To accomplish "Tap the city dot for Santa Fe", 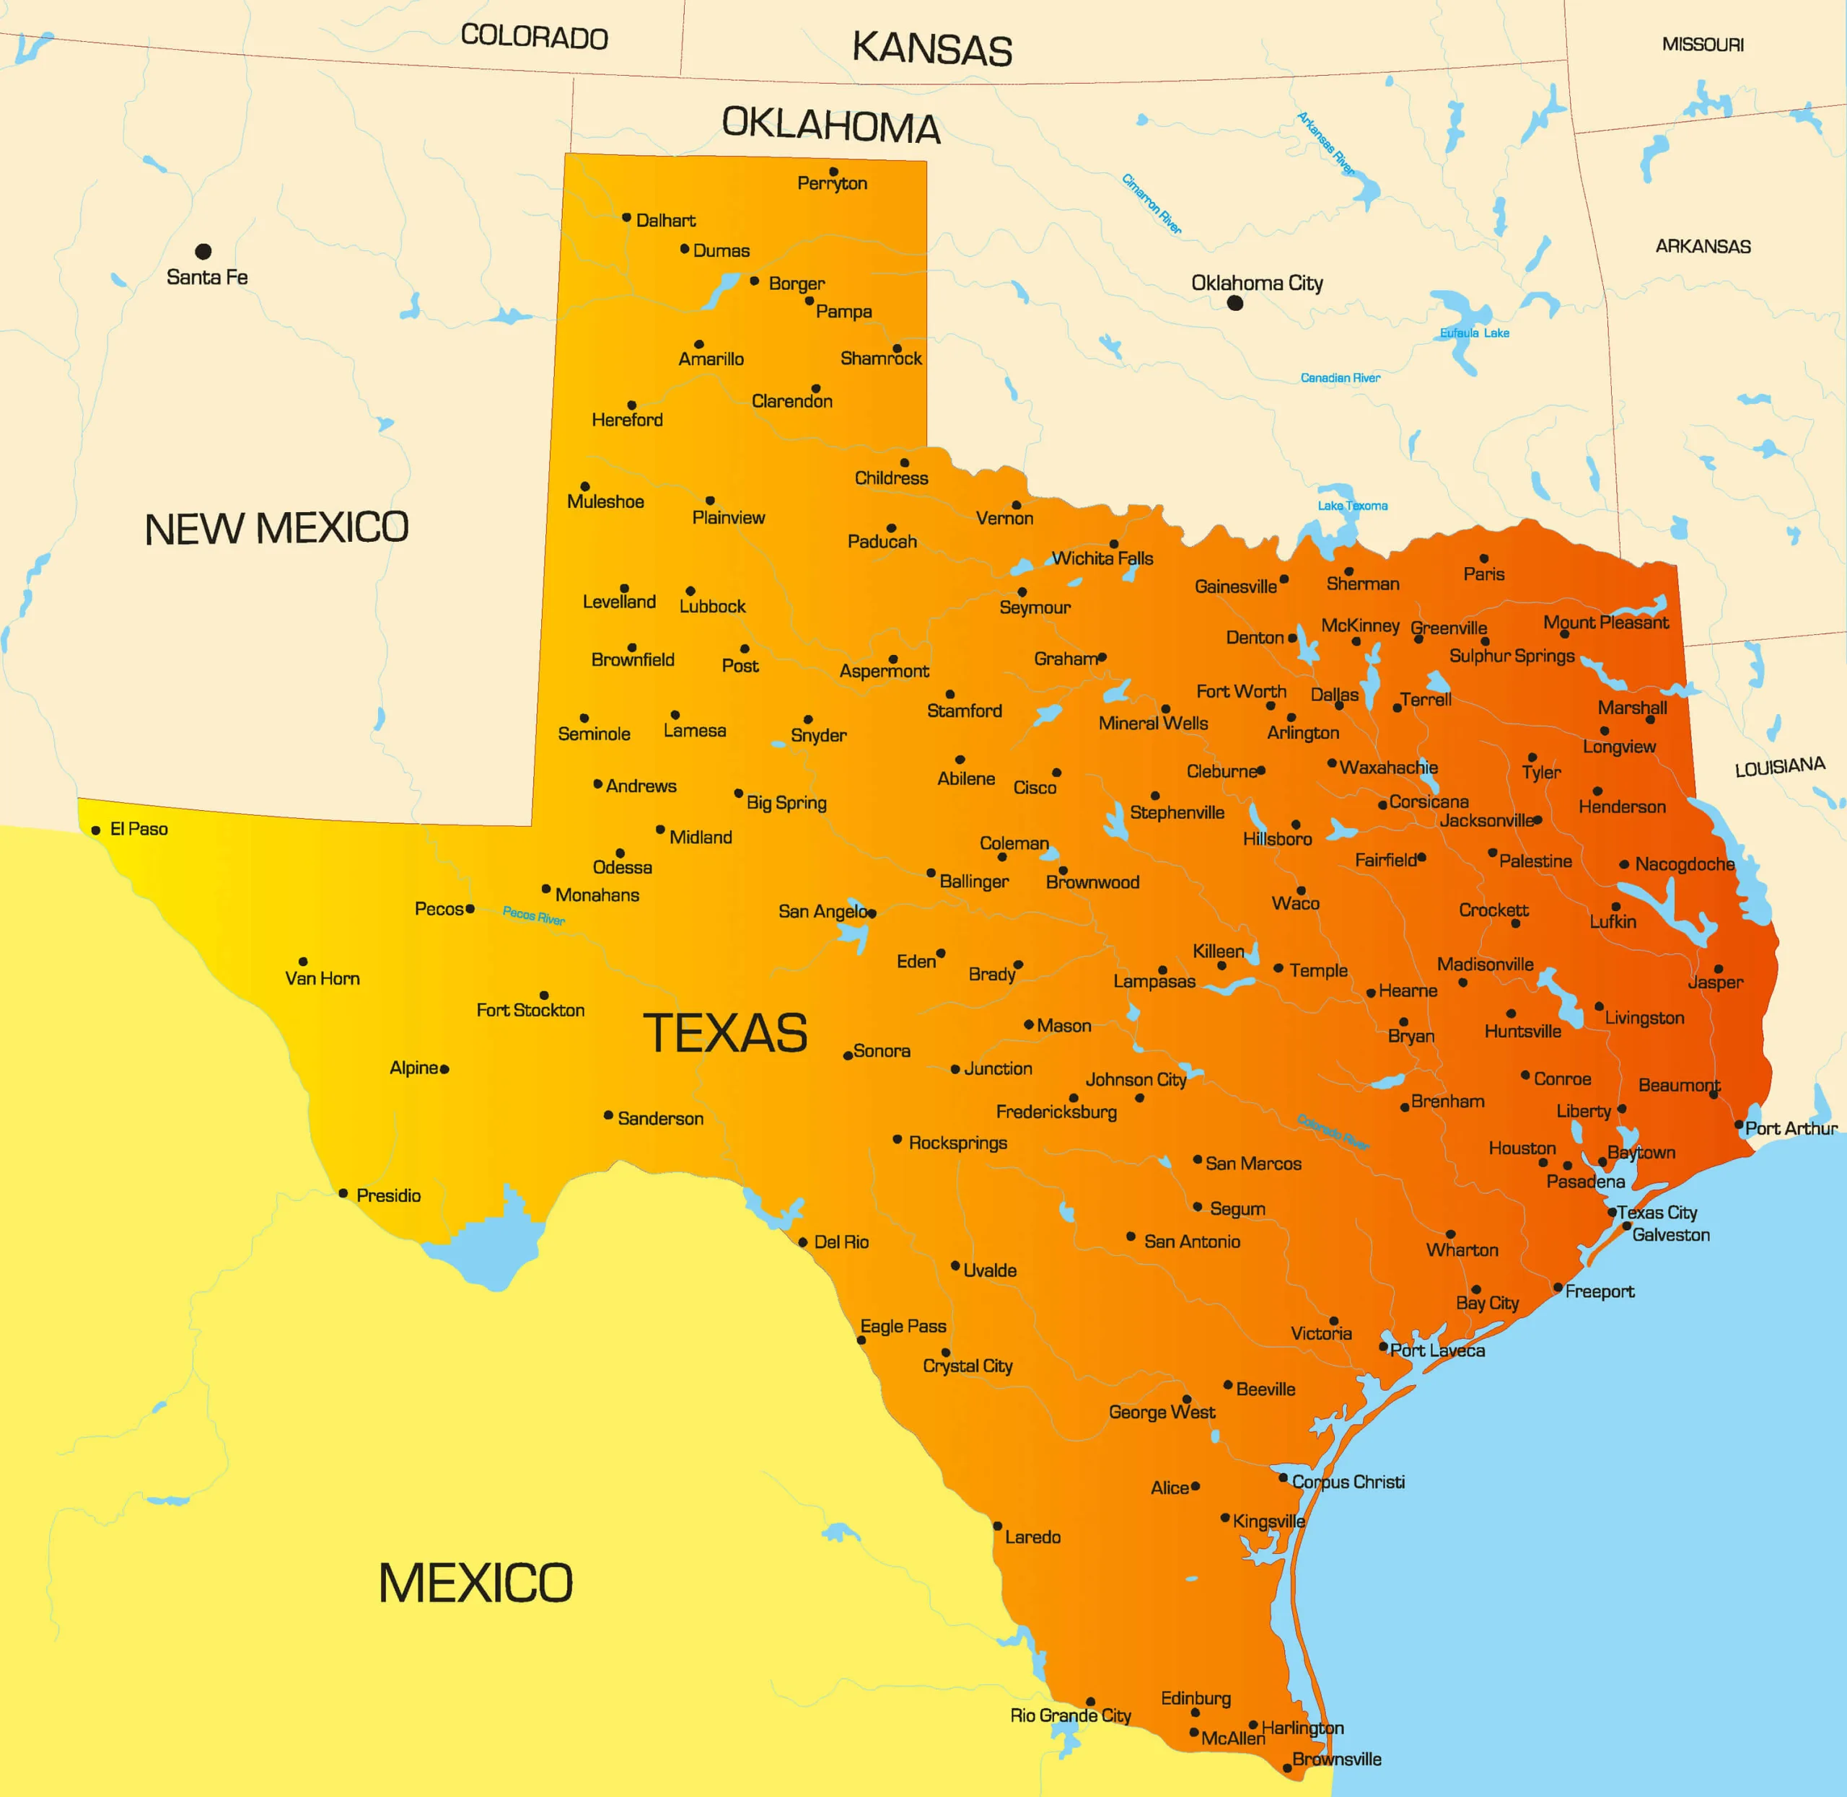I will (x=203, y=251).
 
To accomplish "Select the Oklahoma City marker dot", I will (x=1234, y=303).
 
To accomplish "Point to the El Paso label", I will (x=139, y=830).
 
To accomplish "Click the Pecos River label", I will (x=533, y=915).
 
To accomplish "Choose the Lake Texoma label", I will (x=1353, y=506).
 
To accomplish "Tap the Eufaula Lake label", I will (x=1474, y=333).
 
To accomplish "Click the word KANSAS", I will (x=931, y=49).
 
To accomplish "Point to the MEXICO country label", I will (x=475, y=1583).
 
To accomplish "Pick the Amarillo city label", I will (x=711, y=359).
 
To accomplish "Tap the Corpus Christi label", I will (x=1348, y=1482).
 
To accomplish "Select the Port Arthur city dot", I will (x=1739, y=1125).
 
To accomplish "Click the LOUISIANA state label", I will (x=1780, y=766).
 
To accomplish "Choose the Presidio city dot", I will (x=343, y=1194).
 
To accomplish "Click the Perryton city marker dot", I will (x=833, y=172).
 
